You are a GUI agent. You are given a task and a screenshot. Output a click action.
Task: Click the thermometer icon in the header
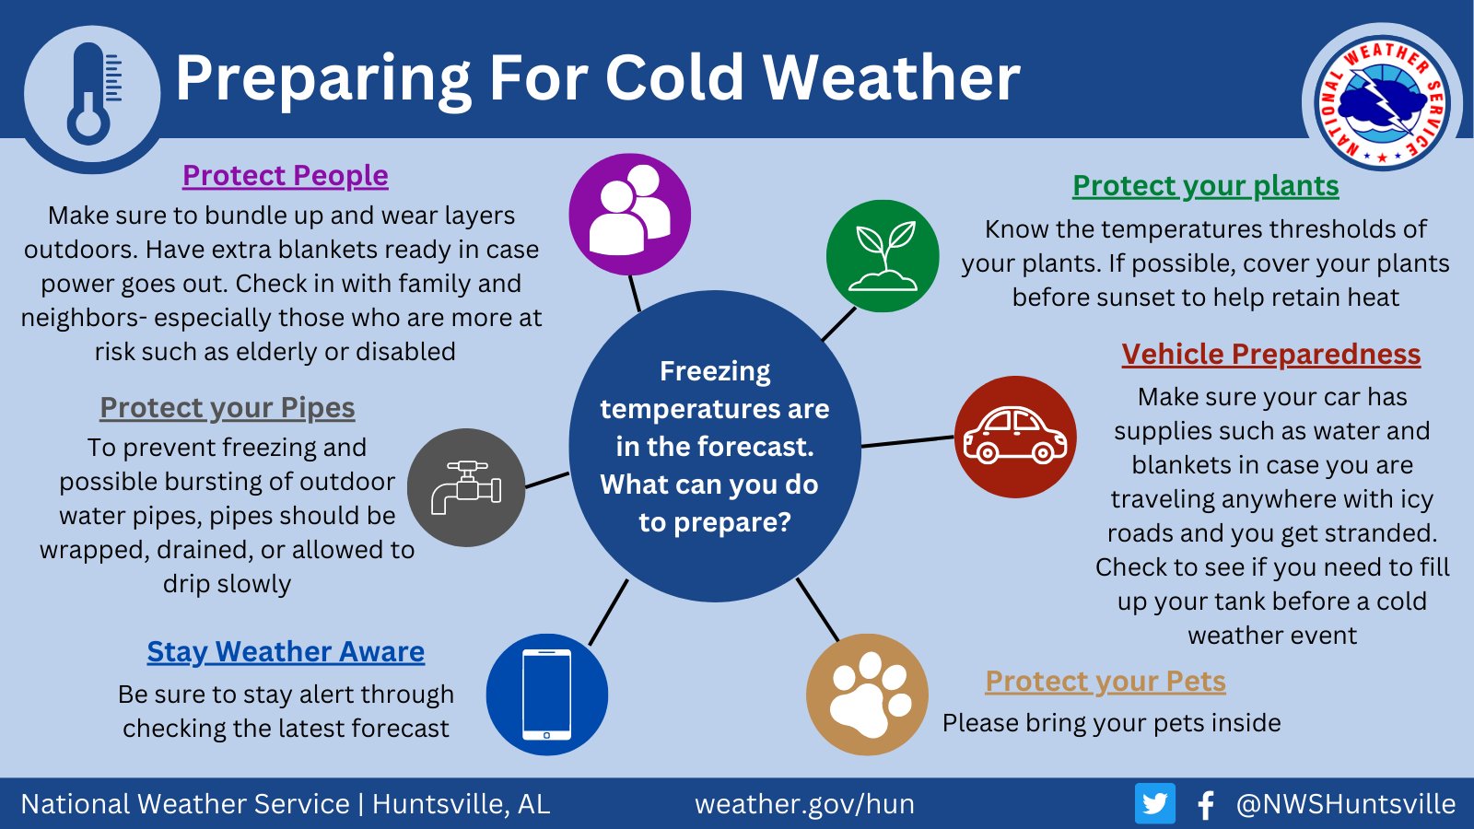tap(92, 94)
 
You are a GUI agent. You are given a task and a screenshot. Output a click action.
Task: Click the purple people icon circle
tap(630, 215)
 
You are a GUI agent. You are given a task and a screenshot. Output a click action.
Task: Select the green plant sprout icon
tap(883, 256)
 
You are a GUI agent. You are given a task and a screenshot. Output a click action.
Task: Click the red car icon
tap(1015, 437)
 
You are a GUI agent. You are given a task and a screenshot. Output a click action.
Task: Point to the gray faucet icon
tap(466, 487)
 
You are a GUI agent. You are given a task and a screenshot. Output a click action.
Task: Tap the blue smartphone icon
tap(547, 695)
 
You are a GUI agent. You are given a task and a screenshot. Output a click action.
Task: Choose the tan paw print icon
tap(867, 695)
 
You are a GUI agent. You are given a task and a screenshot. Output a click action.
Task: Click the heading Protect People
tap(286, 175)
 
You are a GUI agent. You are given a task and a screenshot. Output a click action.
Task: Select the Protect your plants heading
tap(1206, 185)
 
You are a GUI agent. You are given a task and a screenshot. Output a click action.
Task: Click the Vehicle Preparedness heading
tap(1271, 354)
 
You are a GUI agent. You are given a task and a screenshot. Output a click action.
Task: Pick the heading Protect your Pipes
tap(227, 408)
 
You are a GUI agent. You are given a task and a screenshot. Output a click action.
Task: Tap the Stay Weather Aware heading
tap(286, 652)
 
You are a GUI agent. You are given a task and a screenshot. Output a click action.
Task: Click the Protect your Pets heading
tap(1105, 681)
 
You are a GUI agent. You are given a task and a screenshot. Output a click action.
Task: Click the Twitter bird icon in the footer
tap(1155, 803)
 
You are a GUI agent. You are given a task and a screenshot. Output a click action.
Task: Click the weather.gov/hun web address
tap(804, 804)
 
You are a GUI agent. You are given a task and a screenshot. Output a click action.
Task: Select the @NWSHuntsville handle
tap(1346, 804)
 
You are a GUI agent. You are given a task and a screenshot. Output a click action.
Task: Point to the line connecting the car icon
tap(907, 441)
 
